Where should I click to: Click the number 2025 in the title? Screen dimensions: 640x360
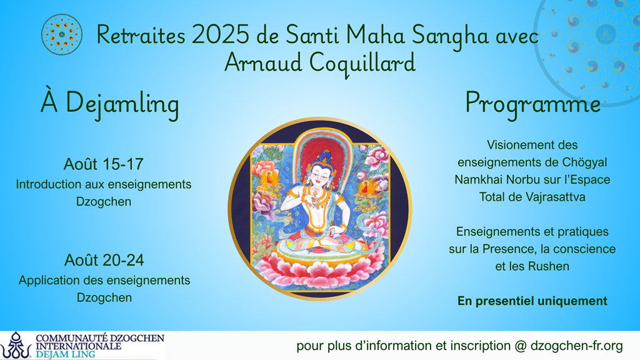pos(221,35)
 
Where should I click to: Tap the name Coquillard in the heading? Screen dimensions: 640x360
pos(362,64)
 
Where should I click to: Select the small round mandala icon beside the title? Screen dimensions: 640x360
pos(62,35)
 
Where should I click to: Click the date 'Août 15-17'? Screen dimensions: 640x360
pos(104,164)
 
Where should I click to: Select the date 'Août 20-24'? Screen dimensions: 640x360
pos(104,260)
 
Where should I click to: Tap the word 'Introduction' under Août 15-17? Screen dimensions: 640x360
pos(49,184)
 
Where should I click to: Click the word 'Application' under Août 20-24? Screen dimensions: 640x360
pos(49,281)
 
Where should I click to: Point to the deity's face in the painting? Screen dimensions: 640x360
pos(320,175)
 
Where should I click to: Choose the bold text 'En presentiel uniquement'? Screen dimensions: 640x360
pos(532,301)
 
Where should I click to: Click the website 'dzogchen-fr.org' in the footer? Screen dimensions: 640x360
pos(577,346)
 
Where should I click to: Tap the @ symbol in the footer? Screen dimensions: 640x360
pos(521,346)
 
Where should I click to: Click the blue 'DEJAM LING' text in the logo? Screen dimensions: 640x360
pos(65,354)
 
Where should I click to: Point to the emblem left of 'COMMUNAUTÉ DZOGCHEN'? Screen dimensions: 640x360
pos(16,345)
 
